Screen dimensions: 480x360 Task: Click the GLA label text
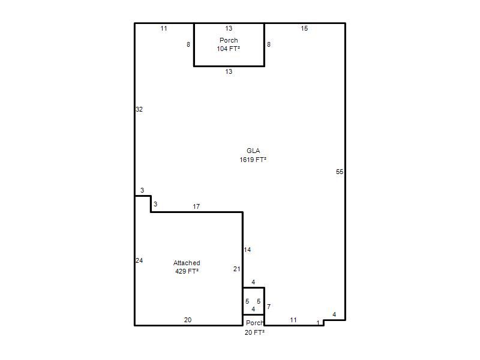click(253, 151)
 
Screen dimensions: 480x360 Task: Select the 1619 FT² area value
click(253, 160)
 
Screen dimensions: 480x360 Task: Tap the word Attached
click(187, 263)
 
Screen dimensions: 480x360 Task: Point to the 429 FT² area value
click(187, 271)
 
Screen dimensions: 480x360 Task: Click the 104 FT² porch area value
click(229, 49)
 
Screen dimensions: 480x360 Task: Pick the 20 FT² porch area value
click(254, 332)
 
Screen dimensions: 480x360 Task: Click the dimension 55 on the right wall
click(340, 172)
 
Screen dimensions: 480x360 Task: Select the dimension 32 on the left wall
click(139, 109)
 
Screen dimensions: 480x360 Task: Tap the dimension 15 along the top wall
click(304, 28)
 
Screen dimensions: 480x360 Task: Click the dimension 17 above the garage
click(196, 206)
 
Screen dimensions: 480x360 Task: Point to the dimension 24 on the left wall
click(139, 260)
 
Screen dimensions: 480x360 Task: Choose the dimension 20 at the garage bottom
click(188, 320)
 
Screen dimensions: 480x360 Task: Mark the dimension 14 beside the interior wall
click(247, 250)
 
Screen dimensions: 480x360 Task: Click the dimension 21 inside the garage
click(236, 269)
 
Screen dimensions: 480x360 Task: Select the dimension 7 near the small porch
click(269, 307)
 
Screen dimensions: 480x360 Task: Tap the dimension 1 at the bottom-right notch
click(318, 323)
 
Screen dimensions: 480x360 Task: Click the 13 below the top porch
click(229, 71)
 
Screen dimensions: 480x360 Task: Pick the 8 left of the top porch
click(188, 44)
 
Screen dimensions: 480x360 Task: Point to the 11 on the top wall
click(164, 28)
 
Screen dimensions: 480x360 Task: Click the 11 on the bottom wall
click(293, 320)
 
